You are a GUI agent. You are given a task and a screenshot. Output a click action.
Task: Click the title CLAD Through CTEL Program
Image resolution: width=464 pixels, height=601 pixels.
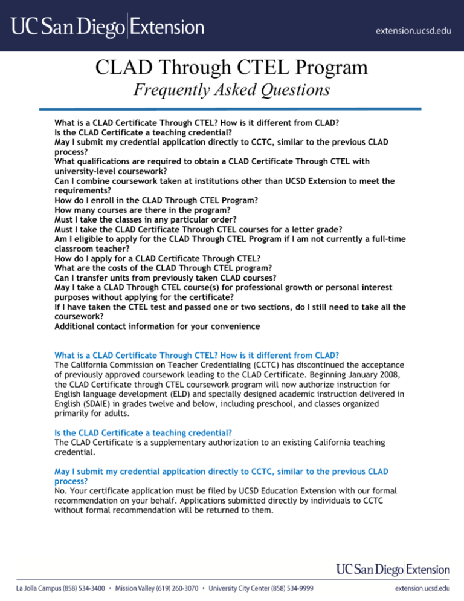point(231,67)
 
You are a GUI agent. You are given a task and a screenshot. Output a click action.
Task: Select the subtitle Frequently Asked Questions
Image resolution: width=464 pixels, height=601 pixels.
point(231,91)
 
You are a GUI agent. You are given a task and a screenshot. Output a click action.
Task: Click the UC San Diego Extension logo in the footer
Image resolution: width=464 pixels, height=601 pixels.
point(393,570)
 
